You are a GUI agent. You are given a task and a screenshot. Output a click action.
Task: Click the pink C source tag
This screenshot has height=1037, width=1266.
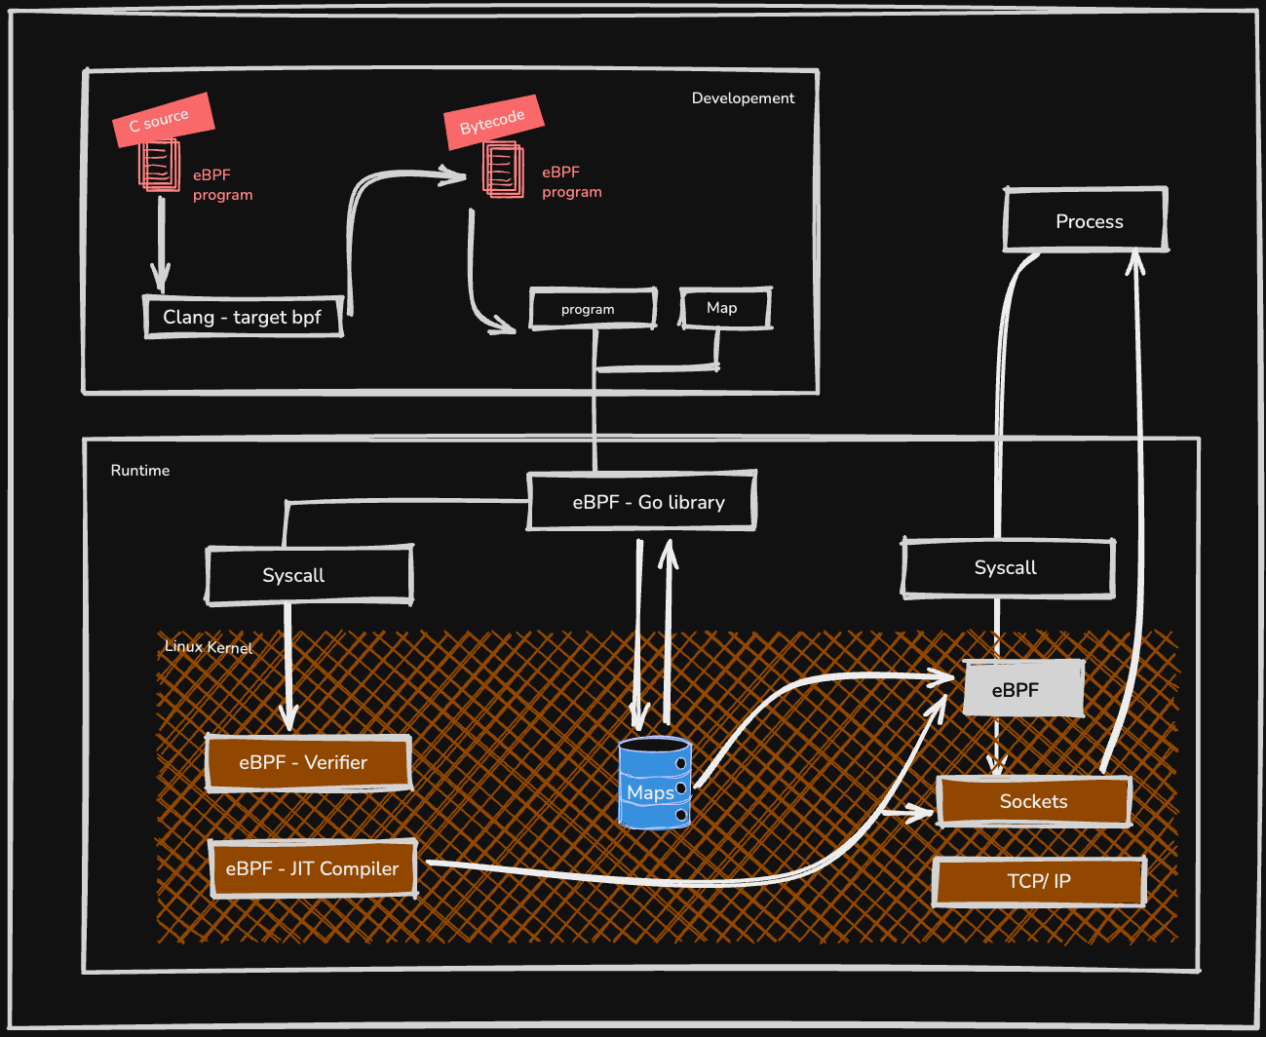tap(163, 120)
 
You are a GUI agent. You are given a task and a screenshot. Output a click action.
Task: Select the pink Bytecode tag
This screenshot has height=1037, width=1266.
tap(493, 122)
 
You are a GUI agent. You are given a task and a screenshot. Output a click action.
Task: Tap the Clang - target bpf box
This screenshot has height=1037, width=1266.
tap(244, 317)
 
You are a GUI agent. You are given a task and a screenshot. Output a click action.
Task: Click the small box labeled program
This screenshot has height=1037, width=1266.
tap(593, 309)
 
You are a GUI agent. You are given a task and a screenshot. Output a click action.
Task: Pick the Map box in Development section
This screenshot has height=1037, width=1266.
tap(724, 308)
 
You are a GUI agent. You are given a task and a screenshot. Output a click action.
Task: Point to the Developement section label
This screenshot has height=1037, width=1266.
tap(743, 98)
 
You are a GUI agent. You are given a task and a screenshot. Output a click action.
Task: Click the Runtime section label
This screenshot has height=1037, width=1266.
tap(140, 471)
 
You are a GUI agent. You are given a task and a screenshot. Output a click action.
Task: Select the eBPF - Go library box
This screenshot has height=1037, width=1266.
tap(642, 502)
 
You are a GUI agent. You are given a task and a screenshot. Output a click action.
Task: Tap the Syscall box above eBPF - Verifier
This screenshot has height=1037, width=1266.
tap(309, 575)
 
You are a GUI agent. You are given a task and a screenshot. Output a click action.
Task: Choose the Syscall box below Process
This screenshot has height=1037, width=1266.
tap(1007, 568)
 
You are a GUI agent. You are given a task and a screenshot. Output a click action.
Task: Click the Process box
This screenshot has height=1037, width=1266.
tap(1086, 221)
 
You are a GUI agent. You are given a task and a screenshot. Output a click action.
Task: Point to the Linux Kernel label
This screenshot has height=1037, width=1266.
tap(209, 647)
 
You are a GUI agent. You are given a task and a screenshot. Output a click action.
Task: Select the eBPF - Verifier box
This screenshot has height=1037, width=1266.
tap(307, 762)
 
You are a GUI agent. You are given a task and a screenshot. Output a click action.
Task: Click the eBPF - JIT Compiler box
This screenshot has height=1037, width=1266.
tap(313, 868)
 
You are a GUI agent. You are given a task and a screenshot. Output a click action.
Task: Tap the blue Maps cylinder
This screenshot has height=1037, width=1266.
tap(654, 784)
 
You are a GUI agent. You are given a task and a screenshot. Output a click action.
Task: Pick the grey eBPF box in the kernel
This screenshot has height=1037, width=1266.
tap(1022, 689)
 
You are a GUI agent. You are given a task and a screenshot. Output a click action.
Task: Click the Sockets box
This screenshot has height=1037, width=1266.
tap(1034, 801)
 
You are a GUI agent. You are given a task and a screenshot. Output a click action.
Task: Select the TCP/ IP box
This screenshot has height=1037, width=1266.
tap(1038, 881)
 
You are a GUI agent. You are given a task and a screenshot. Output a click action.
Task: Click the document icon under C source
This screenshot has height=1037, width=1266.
tap(160, 166)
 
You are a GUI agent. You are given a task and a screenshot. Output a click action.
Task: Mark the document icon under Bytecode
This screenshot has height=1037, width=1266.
tap(503, 170)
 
